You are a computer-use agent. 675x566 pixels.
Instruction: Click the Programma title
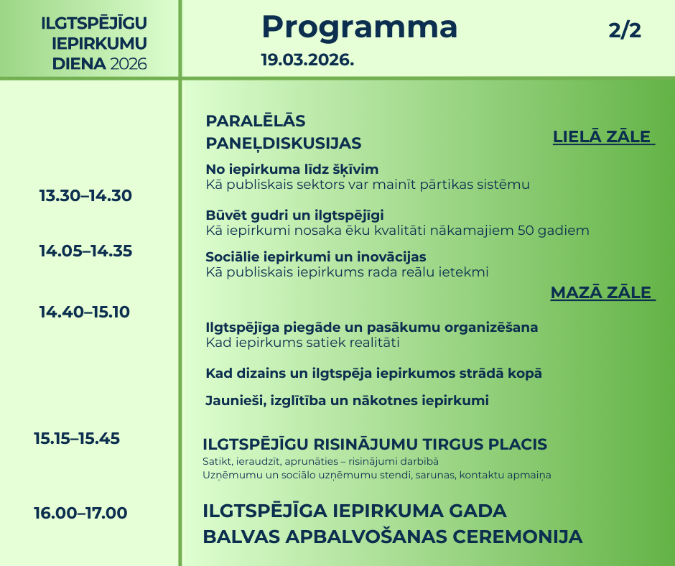359,28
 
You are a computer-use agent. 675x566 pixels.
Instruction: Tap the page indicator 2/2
624,31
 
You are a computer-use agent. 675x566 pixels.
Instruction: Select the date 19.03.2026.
307,60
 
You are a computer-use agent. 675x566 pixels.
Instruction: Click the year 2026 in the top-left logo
129,65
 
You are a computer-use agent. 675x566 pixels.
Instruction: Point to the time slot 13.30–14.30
85,195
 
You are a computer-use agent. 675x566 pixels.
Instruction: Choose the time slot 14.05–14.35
85,251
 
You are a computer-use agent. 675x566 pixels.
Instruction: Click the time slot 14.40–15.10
84,312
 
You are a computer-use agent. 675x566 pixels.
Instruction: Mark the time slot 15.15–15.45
77,438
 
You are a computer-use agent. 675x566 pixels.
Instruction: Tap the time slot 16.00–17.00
80,514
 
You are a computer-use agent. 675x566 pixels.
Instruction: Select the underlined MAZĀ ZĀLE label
601,292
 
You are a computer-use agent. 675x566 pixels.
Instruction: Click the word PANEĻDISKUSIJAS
283,144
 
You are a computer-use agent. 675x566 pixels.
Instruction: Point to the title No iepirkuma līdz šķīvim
292,170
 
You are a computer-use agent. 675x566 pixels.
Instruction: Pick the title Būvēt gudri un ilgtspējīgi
294,215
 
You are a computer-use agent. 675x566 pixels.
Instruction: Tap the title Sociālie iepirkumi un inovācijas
315,257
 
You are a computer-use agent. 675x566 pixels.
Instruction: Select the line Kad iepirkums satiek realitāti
302,343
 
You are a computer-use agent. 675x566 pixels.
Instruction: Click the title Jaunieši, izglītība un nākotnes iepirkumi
347,401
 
